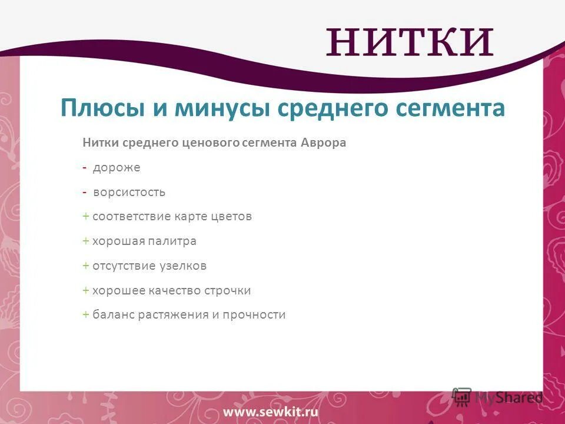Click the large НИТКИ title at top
[410, 42]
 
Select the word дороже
[116, 168]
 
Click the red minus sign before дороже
[85, 168]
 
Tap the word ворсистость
[129, 192]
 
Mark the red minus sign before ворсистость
[85, 193]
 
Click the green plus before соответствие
[86, 217]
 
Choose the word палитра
[175, 241]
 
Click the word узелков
[182, 266]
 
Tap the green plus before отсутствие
[86, 266]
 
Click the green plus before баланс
[86, 315]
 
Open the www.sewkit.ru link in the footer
[270, 412]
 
